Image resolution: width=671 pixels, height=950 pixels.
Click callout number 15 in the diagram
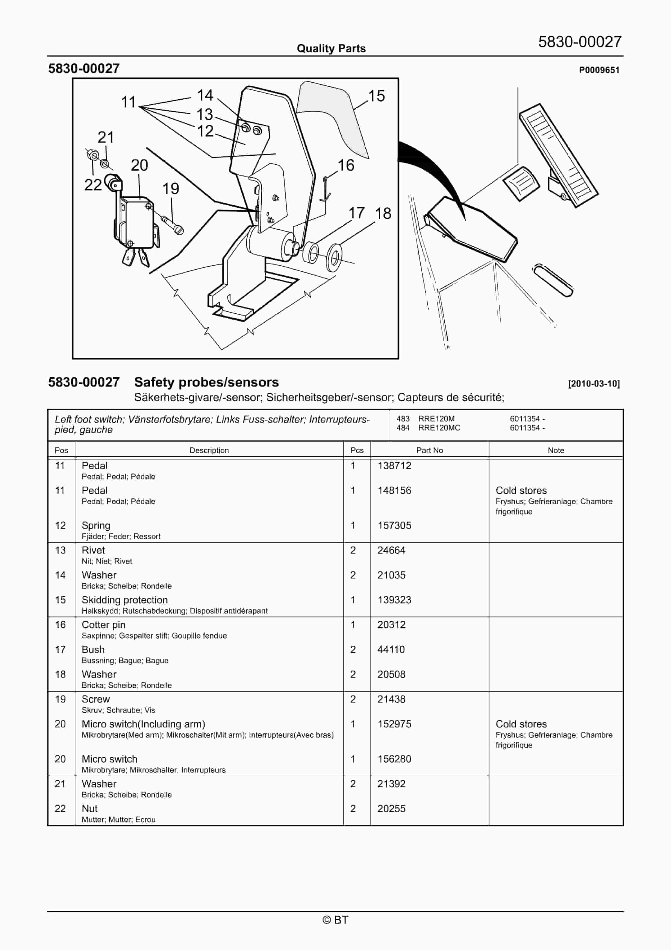[376, 96]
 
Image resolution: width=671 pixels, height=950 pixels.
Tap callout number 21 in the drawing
[105, 137]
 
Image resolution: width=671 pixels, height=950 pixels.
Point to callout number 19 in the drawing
[171, 189]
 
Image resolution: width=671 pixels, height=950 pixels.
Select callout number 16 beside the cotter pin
[346, 166]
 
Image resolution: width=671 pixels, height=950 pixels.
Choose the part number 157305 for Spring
[394, 525]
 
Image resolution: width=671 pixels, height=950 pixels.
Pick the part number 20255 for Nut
[391, 808]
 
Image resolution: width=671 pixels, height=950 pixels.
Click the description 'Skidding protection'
[125, 600]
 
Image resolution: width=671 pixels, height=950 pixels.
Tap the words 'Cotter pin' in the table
[103, 625]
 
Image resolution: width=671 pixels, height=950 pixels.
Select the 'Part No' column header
[429, 450]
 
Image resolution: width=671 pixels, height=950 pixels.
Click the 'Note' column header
[556, 450]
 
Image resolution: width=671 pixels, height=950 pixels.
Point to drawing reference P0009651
[599, 70]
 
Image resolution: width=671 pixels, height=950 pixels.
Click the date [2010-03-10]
[594, 384]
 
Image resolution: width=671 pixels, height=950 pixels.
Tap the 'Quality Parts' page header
[331, 49]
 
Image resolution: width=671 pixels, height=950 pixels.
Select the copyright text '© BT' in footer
[335, 920]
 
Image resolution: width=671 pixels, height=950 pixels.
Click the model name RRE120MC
[439, 428]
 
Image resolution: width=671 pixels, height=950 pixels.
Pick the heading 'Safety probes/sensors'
[206, 382]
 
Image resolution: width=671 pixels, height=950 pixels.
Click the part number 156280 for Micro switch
[394, 759]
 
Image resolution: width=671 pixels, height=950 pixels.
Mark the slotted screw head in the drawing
[179, 229]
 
